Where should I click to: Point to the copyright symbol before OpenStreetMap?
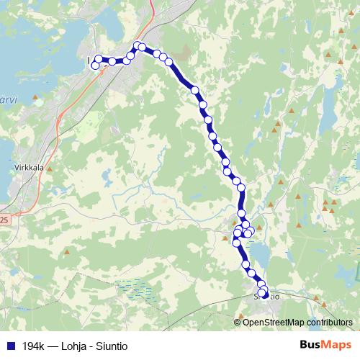(x=238, y=322)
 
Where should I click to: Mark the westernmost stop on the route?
(x=94, y=66)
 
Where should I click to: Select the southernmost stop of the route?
(x=264, y=294)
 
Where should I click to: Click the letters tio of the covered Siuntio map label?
(x=274, y=295)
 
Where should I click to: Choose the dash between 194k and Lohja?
(x=54, y=345)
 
